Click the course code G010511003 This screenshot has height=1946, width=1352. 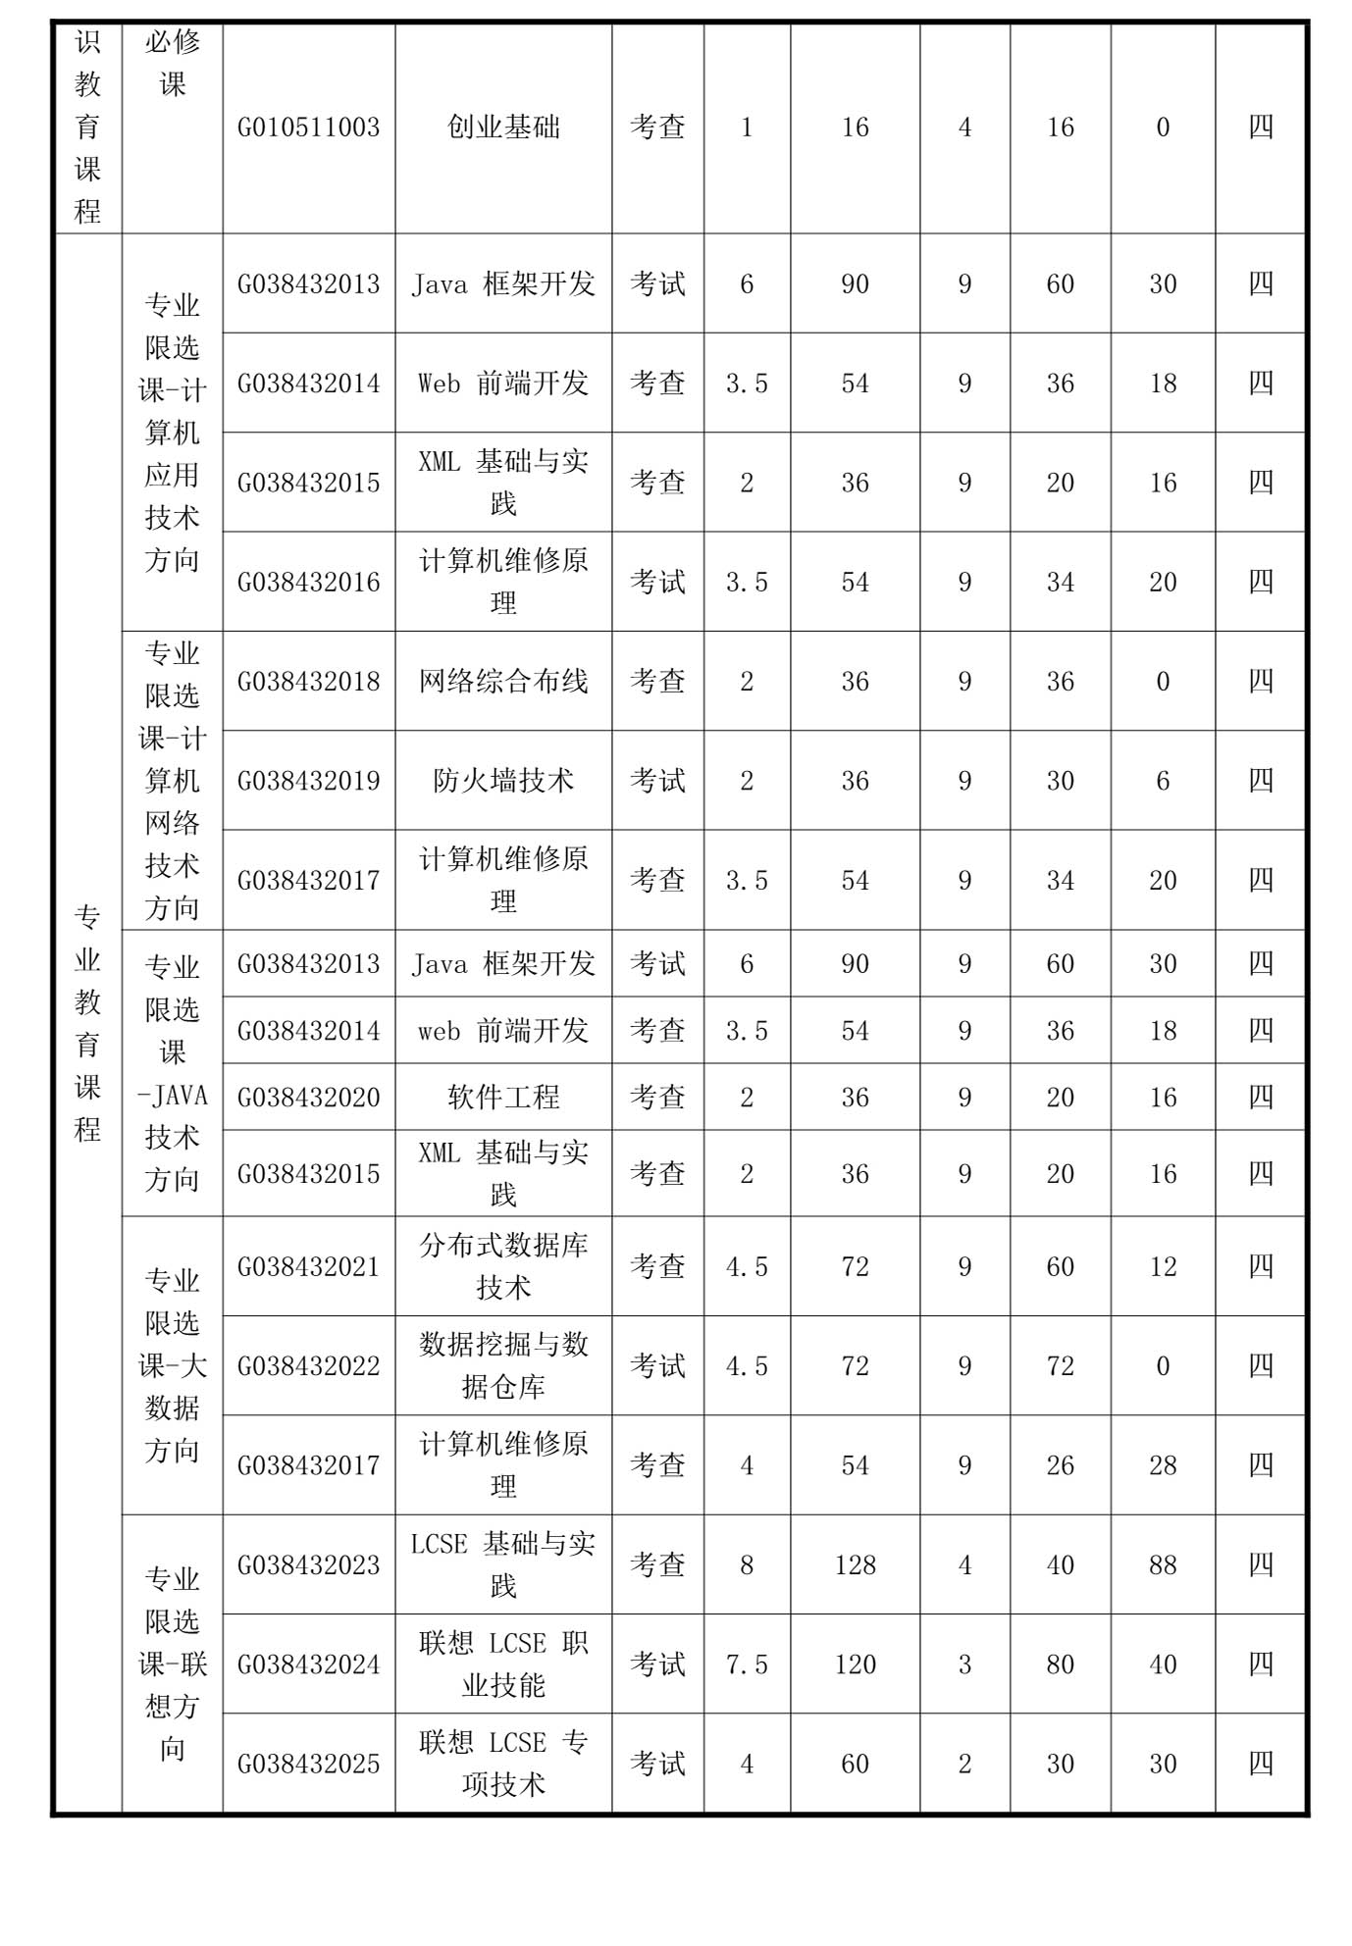[x=308, y=128]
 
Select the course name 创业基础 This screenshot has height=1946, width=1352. [x=503, y=128]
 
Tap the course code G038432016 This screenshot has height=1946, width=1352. [x=308, y=583]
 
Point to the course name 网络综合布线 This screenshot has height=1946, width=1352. [x=503, y=682]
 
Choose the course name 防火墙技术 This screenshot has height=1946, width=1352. [x=503, y=781]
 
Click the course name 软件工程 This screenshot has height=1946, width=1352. [x=503, y=1097]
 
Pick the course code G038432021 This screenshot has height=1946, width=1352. [x=308, y=1267]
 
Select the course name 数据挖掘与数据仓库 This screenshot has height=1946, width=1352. [x=503, y=1365]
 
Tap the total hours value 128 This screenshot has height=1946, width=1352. [x=855, y=1565]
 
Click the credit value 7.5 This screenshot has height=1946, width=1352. [x=747, y=1664]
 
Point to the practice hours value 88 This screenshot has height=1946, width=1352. [x=1163, y=1565]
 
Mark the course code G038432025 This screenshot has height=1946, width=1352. [x=308, y=1765]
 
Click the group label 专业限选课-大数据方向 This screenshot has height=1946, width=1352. [x=173, y=1365]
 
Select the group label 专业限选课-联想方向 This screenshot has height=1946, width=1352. [x=173, y=1664]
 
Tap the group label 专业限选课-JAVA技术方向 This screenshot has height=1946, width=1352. [x=173, y=1074]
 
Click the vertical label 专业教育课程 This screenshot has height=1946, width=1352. [x=88, y=1022]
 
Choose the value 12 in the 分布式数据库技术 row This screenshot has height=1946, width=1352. [x=1163, y=1267]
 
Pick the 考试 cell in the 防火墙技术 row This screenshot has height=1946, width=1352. [x=657, y=781]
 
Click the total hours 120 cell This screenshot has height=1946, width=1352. [x=855, y=1664]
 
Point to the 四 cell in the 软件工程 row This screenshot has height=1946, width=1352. [x=1261, y=1097]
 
